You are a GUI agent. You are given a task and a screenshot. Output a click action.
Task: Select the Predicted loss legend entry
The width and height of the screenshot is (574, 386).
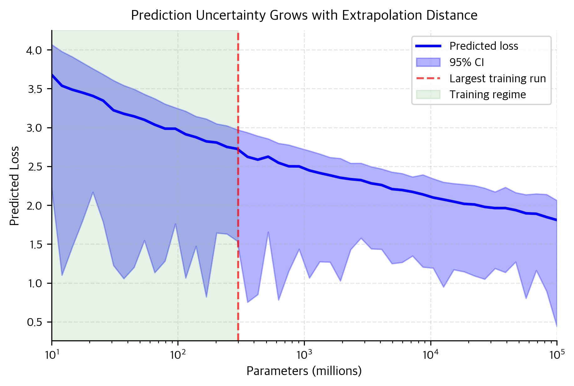point(484,46)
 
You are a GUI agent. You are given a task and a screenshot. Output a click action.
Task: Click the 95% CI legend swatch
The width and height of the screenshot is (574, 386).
point(428,62)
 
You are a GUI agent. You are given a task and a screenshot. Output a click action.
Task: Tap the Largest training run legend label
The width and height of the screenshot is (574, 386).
point(498,79)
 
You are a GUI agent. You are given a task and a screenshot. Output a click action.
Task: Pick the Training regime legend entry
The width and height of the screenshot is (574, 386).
point(488,94)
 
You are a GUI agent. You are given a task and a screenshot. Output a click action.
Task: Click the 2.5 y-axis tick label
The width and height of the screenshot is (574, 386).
point(35,167)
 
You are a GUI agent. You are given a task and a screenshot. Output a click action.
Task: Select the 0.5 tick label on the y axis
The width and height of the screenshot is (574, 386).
point(35,322)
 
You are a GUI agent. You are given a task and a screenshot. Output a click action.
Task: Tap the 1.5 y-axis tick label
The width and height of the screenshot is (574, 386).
point(35,245)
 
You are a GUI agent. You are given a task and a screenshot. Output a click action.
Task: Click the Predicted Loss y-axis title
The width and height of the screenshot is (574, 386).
point(14,186)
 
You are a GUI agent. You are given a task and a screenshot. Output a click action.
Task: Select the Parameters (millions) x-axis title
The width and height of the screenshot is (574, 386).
point(304,371)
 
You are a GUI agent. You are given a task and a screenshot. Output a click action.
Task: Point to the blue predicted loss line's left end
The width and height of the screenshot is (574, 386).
point(52,75)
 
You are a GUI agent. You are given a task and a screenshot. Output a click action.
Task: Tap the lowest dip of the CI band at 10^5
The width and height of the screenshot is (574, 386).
point(556,326)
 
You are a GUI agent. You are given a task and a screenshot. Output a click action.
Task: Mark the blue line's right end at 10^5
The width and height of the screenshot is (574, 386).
point(556,220)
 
